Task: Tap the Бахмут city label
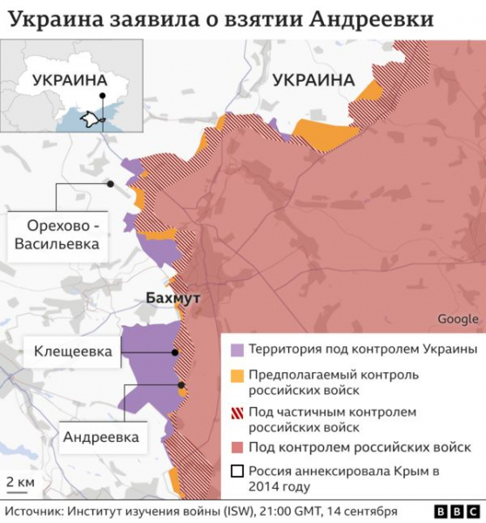tap(172, 298)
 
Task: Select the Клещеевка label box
tap(73, 352)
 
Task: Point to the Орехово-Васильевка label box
tap(57, 234)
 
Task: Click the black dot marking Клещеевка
tap(175, 353)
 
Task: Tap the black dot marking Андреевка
tap(181, 384)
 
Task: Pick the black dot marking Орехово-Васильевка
tap(111, 184)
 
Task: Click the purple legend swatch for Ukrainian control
tap(236, 350)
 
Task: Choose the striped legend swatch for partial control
tap(236, 411)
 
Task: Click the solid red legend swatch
tap(236, 447)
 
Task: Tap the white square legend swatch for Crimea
tap(236, 472)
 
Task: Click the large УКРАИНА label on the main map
tap(313, 80)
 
